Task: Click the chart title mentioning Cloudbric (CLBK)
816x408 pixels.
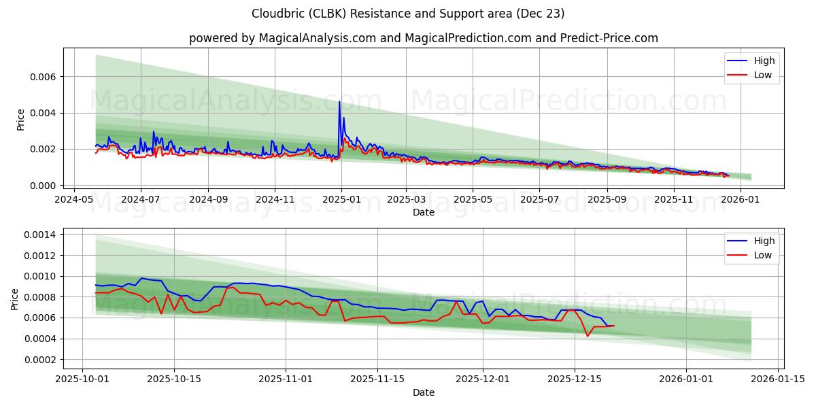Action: tap(408, 14)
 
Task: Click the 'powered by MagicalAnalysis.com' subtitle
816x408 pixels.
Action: tap(423, 38)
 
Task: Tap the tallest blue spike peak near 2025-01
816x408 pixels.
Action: tap(339, 102)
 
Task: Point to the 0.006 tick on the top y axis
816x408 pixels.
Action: tap(41, 77)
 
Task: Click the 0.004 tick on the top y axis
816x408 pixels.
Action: tap(41, 113)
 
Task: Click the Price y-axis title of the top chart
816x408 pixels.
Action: tap(20, 119)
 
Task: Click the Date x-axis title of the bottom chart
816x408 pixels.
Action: tap(423, 393)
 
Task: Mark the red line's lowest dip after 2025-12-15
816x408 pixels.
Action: tap(588, 336)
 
